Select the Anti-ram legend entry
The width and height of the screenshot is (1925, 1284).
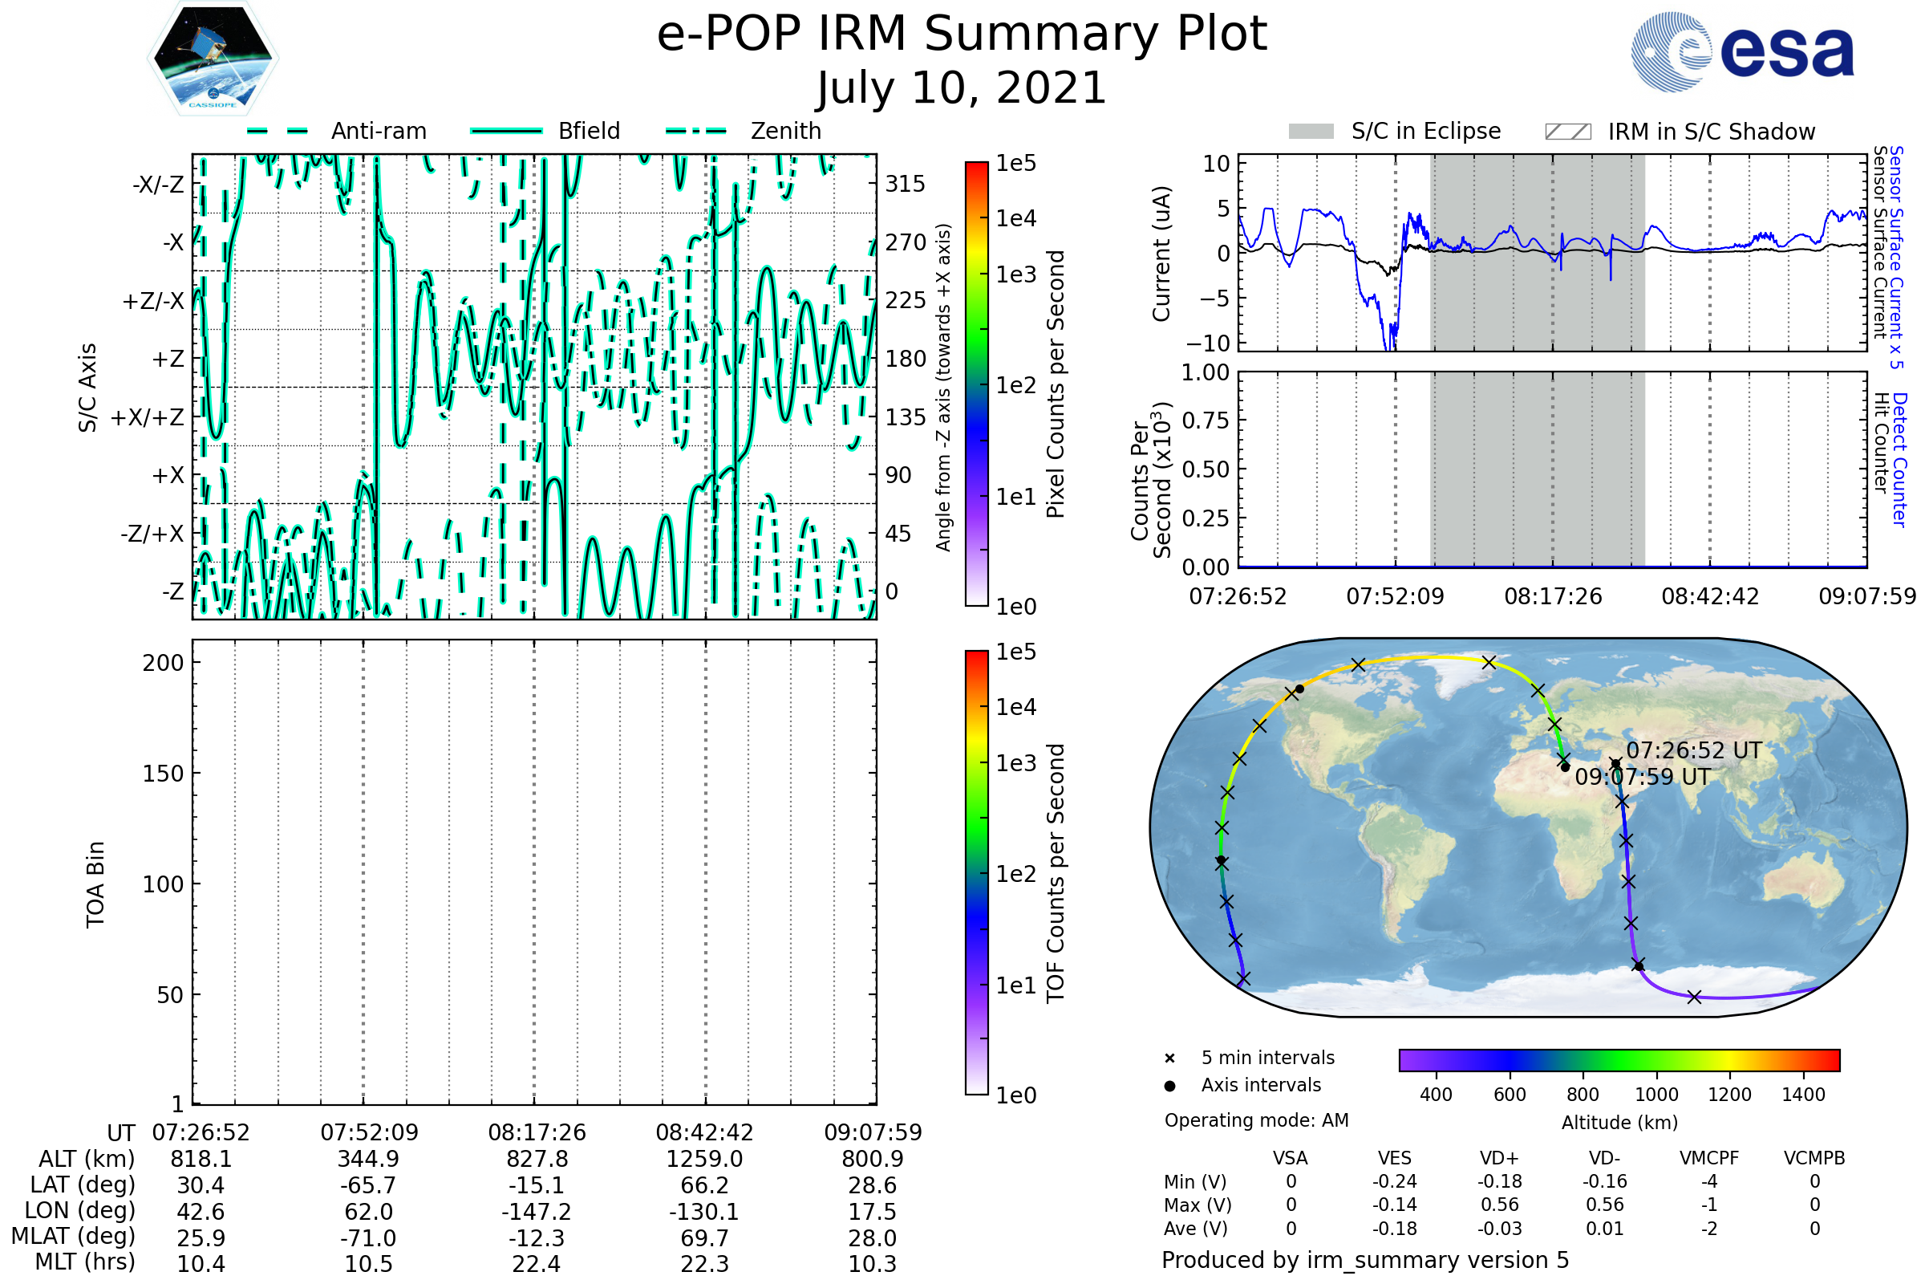click(x=337, y=131)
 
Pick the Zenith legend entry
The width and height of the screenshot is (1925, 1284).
click(x=744, y=131)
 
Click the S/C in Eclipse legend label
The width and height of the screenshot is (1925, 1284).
click(x=1426, y=131)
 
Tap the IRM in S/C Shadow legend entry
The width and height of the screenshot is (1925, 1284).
click(x=1711, y=132)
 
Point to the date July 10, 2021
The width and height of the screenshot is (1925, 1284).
click(x=962, y=88)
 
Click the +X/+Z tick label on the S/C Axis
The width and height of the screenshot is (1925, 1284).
click(x=148, y=417)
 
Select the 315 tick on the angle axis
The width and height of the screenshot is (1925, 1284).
click(x=906, y=184)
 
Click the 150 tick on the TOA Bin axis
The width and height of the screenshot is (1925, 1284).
click(x=163, y=774)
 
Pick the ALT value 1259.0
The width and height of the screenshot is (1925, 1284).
click(x=704, y=1160)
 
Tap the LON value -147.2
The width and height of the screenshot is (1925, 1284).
click(x=537, y=1212)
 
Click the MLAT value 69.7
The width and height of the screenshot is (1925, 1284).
click(x=704, y=1238)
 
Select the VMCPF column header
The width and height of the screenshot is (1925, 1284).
click(x=1709, y=1159)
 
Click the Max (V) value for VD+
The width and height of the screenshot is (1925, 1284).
click(x=1499, y=1205)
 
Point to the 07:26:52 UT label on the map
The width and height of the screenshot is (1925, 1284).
click(x=1693, y=751)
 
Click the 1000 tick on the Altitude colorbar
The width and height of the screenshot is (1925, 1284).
click(x=1656, y=1095)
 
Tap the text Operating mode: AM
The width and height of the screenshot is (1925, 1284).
click(x=1256, y=1120)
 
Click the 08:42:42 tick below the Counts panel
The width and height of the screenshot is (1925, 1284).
click(x=1710, y=596)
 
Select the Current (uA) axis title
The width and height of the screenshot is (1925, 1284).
click(x=1161, y=254)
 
